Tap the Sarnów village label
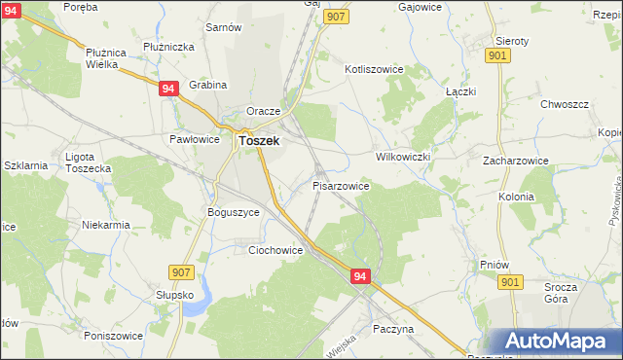[223, 27]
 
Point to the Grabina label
[207, 86]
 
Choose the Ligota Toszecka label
[88, 162]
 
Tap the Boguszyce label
[233, 211]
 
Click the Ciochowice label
[275, 250]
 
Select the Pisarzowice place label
[340, 185]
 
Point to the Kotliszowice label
[381, 69]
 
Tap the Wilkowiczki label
[402, 156]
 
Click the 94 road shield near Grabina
[168, 89]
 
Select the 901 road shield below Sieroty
[497, 56]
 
